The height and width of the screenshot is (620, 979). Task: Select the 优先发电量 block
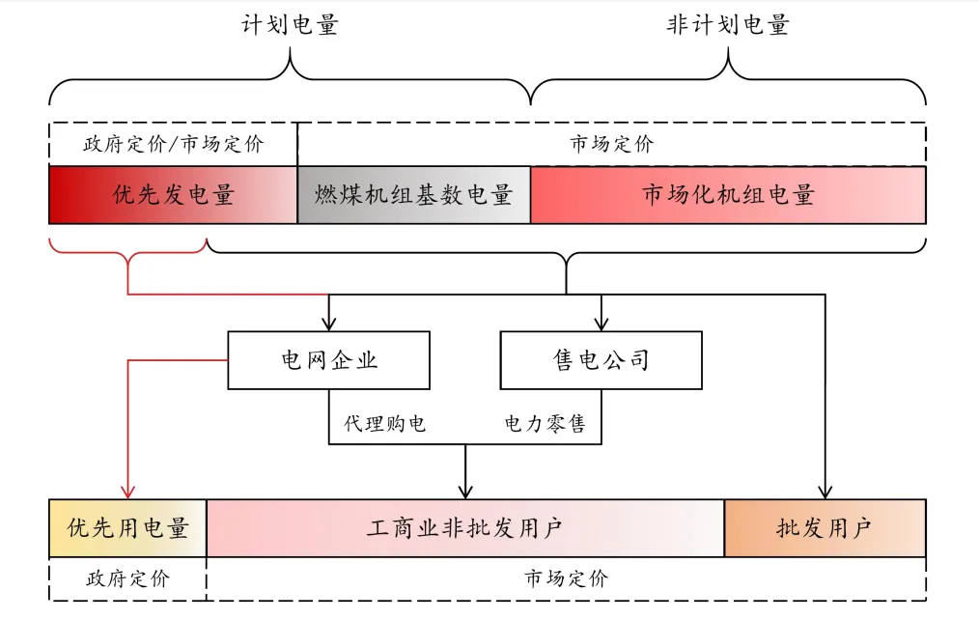pos(173,195)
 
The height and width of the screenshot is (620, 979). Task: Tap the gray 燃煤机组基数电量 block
pos(413,195)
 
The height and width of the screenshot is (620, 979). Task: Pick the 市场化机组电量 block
pos(728,195)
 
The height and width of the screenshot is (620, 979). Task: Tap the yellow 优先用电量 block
pos(127,528)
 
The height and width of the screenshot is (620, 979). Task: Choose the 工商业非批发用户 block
pos(465,528)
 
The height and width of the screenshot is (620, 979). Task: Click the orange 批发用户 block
pos(825,528)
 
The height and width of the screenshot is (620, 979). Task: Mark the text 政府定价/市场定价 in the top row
pos(174,145)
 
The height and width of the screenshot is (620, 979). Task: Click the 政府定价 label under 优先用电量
pos(127,578)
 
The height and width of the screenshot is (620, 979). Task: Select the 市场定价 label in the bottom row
pos(566,578)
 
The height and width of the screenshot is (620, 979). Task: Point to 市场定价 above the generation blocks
pos(611,145)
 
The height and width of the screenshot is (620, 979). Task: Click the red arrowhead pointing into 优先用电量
pos(127,492)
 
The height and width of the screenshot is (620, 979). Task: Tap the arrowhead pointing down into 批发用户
pos(825,492)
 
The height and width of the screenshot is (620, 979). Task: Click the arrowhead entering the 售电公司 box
pos(601,324)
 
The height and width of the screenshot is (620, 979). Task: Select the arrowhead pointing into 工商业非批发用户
pos(466,492)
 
